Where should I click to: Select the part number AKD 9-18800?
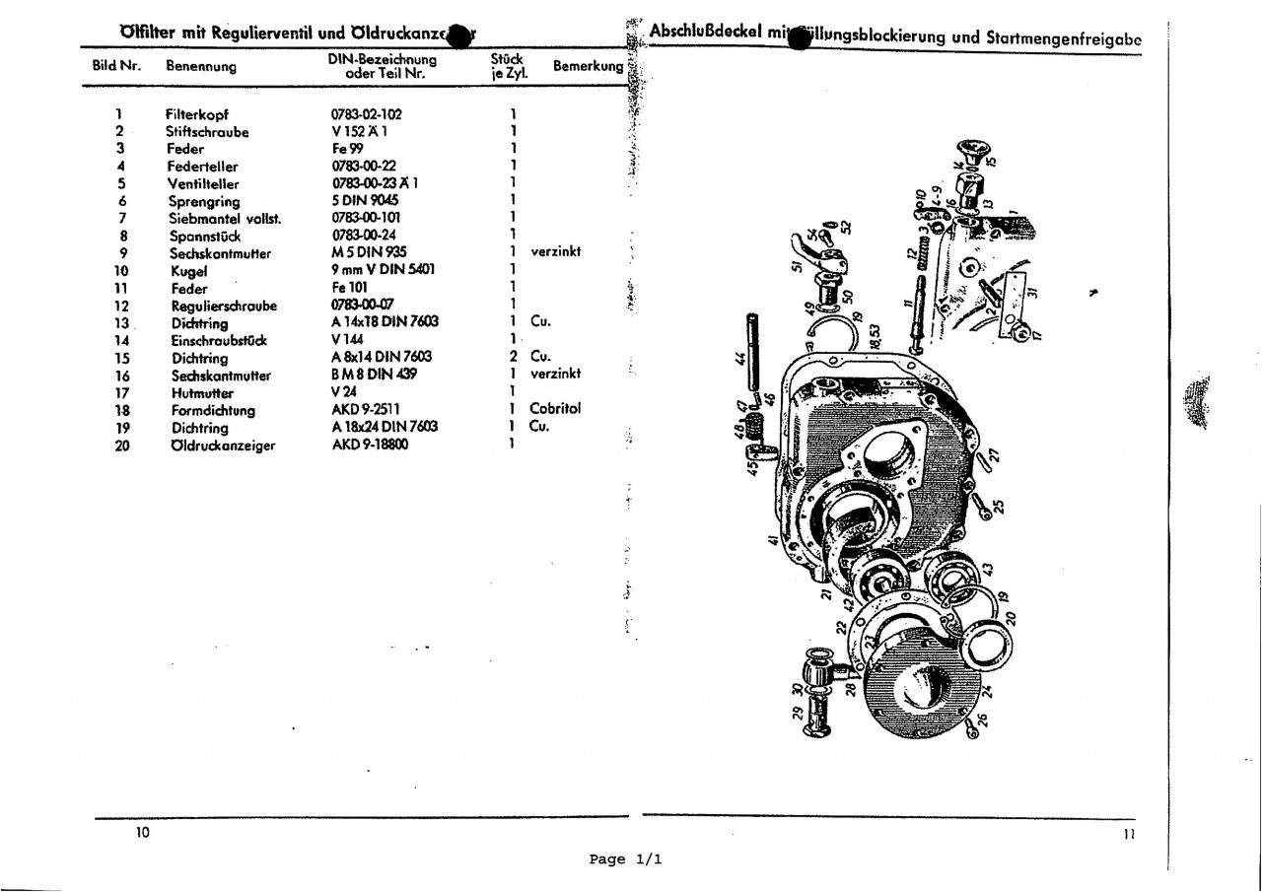370,445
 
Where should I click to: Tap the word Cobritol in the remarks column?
555,409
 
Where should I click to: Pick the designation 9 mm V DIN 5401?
384,270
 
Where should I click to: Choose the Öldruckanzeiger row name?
223,446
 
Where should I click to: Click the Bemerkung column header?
589,67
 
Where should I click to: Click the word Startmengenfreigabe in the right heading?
1064,38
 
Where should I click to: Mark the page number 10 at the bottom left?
143,834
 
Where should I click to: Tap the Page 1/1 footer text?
626,859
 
